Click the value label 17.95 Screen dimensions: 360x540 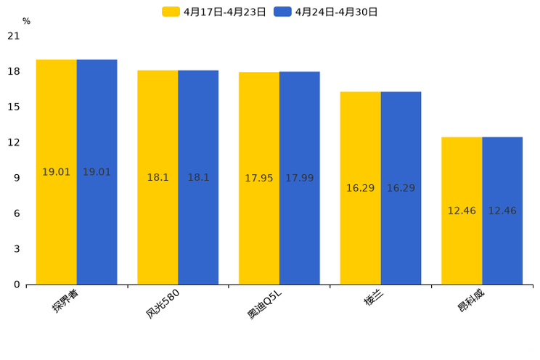[259, 179]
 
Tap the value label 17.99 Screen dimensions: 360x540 [300, 179]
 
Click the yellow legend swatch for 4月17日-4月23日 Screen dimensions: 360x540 [171, 12]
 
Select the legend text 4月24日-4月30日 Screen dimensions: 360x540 [336, 12]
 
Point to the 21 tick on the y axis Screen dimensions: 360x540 [13, 36]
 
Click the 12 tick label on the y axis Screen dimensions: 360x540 [13, 142]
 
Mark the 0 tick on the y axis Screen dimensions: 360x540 [17, 285]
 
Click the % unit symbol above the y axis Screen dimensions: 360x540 [26, 22]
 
